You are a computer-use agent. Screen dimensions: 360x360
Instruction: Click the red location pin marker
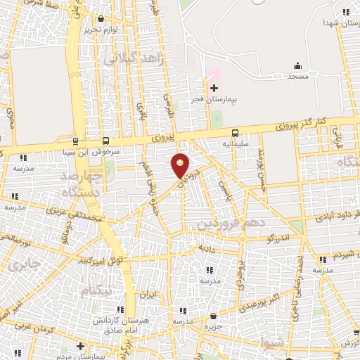click(x=181, y=166)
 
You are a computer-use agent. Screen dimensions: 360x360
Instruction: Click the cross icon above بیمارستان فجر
click(x=214, y=88)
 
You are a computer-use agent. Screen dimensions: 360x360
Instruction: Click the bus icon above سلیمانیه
click(x=235, y=133)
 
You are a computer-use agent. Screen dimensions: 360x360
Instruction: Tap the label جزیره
click(x=212, y=327)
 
